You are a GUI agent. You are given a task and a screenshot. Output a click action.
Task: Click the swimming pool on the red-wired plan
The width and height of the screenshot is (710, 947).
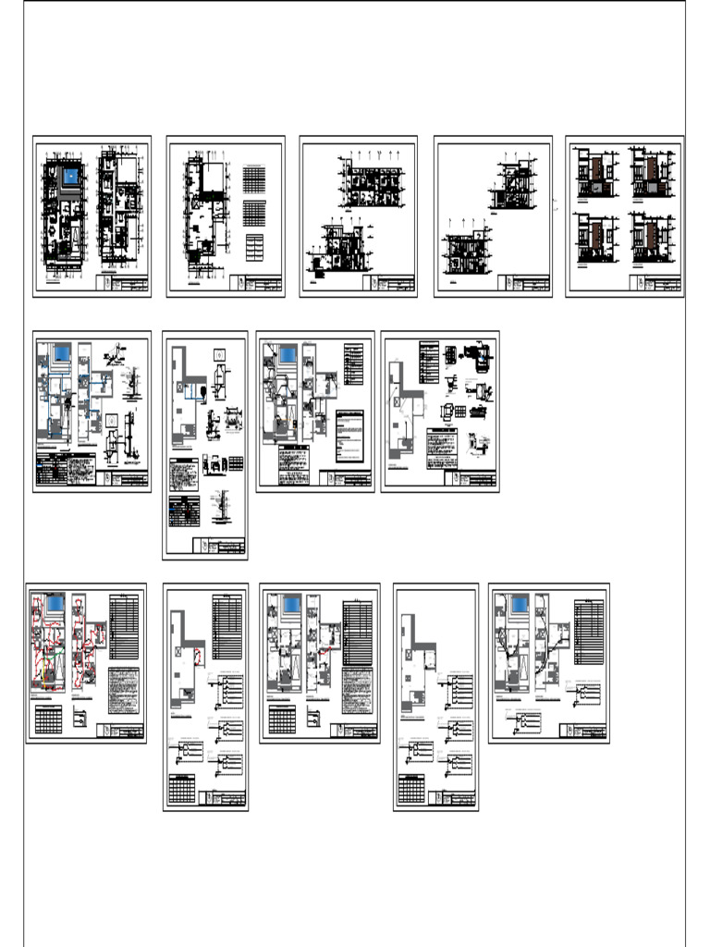click(x=55, y=604)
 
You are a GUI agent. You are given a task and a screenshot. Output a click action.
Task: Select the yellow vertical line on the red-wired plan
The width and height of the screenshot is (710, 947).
click(x=45, y=680)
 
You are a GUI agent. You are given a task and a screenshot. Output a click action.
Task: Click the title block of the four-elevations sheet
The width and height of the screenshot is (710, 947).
click(x=657, y=284)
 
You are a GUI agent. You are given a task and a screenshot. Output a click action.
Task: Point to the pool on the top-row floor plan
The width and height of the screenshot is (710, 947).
click(x=70, y=176)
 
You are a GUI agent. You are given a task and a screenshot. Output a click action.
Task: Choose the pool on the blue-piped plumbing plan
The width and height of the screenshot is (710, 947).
click(x=62, y=352)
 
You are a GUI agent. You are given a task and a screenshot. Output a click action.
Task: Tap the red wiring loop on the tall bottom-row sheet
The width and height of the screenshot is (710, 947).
click(x=197, y=658)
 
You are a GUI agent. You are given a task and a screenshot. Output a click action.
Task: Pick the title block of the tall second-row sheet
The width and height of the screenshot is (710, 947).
click(x=220, y=547)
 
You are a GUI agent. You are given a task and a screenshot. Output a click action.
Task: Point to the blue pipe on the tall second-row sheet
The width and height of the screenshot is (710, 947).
click(x=193, y=390)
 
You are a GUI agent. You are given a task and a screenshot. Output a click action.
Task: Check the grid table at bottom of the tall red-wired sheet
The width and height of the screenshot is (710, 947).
click(x=184, y=790)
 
